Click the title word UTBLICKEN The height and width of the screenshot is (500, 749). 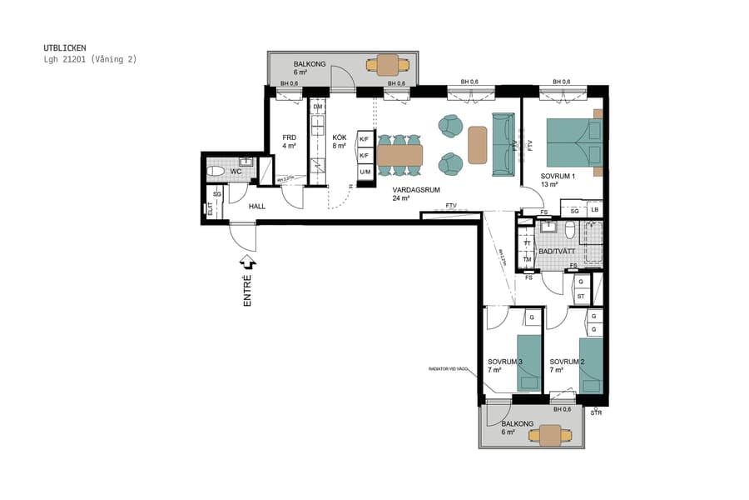point(64,47)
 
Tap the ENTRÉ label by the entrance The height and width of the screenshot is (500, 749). point(247,291)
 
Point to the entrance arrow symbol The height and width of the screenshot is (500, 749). point(247,263)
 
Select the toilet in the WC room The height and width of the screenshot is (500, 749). point(217,172)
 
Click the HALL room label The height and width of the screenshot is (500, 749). point(256,205)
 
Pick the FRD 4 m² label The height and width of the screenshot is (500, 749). point(289,142)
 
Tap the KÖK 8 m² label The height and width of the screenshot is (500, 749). point(340,142)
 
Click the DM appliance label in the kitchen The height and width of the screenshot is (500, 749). point(317,107)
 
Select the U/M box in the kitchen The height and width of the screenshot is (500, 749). point(365,172)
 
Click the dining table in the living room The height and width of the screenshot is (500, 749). point(399,155)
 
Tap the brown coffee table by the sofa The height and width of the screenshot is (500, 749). point(477,145)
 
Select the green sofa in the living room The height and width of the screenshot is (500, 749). point(503,144)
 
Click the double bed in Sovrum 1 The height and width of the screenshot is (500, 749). point(573,144)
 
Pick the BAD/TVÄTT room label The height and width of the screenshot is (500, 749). point(557,251)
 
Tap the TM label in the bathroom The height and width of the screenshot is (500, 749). point(527,259)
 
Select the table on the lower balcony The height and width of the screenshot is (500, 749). point(550,433)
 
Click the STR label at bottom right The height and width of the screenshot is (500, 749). point(596,413)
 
